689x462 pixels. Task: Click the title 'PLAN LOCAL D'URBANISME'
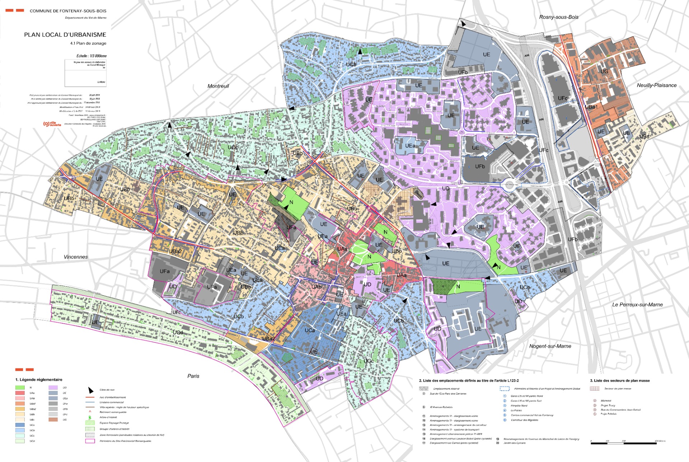(x=65, y=35)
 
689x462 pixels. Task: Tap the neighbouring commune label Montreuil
(x=218, y=86)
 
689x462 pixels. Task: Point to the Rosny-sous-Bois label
(x=558, y=17)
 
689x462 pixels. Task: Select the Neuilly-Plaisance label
(x=656, y=85)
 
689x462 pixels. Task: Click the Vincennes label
(x=76, y=257)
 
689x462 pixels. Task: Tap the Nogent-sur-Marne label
(x=550, y=346)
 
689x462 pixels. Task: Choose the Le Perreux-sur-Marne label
(x=637, y=305)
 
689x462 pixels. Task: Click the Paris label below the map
(x=193, y=376)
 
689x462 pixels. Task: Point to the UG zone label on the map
(x=604, y=71)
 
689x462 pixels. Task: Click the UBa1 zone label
(x=591, y=107)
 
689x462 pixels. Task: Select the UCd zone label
(x=178, y=333)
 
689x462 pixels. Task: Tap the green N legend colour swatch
(x=20, y=387)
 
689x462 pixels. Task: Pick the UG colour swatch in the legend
(x=53, y=420)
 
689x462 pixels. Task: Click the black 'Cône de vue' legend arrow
(x=91, y=390)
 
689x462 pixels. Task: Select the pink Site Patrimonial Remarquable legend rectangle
(x=90, y=441)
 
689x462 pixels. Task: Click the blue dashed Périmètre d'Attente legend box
(x=505, y=389)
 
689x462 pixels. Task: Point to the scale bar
(x=623, y=443)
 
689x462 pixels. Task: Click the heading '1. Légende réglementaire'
(x=39, y=380)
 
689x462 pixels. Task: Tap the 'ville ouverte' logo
(x=52, y=124)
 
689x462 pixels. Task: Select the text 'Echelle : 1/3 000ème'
(x=91, y=56)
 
